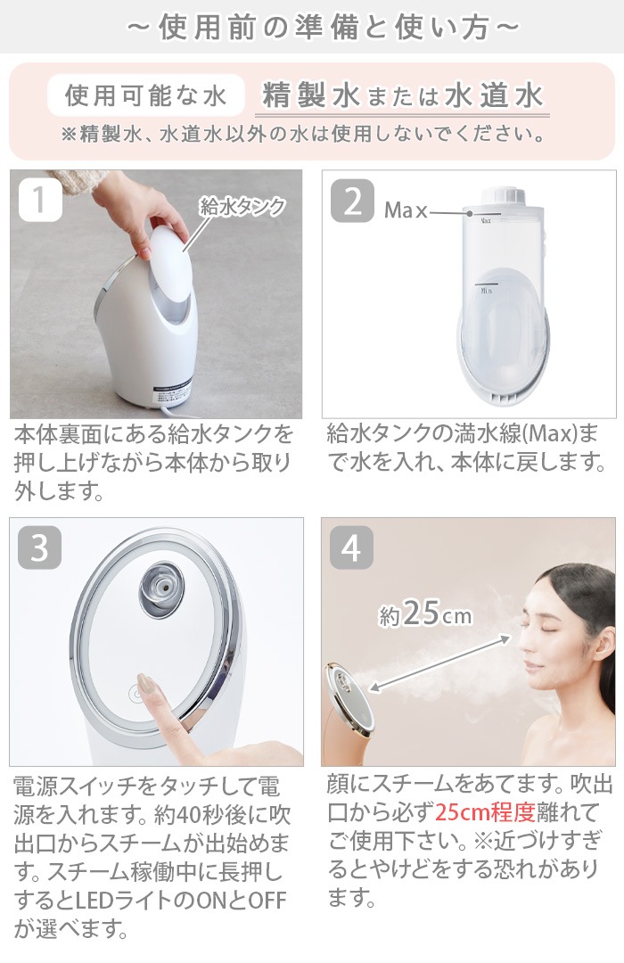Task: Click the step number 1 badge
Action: pyautogui.click(x=39, y=202)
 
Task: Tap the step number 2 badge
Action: pyautogui.click(x=352, y=202)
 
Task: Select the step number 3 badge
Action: pyautogui.click(x=39, y=548)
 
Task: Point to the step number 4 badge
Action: pyautogui.click(x=352, y=548)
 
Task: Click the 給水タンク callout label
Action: pyautogui.click(x=242, y=207)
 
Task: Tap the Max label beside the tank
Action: pyautogui.click(x=406, y=211)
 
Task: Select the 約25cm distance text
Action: pyautogui.click(x=425, y=613)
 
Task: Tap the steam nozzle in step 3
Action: pyautogui.click(x=159, y=586)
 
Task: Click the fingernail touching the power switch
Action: pyautogui.click(x=145, y=686)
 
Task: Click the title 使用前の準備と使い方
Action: pyautogui.click(x=312, y=27)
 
